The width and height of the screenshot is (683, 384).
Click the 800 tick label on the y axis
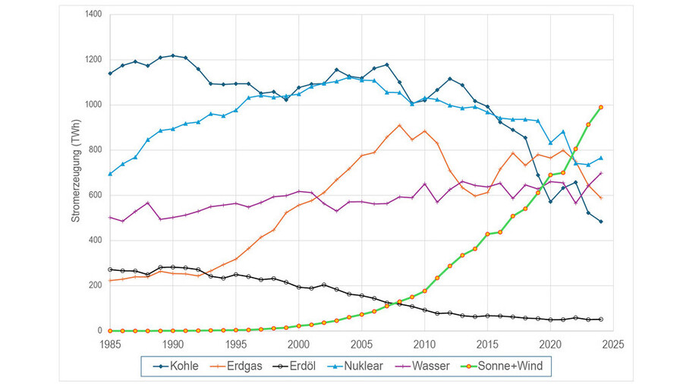pyautogui.click(x=94, y=150)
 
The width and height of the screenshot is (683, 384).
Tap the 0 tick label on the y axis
pyautogui.click(x=100, y=331)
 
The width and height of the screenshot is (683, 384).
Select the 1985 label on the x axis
pyautogui.click(x=110, y=344)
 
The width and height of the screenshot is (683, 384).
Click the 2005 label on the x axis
pyautogui.click(x=361, y=344)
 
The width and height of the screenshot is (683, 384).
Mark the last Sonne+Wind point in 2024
pyautogui.click(x=600, y=107)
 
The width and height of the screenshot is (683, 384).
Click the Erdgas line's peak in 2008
pyautogui.click(x=399, y=125)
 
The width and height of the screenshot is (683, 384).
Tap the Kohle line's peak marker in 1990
pyautogui.click(x=173, y=55)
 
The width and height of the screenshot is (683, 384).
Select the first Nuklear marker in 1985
pyautogui.click(x=110, y=174)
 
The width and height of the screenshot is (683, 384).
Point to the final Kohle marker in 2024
pyautogui.click(x=600, y=222)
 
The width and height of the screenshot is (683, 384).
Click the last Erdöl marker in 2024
pyautogui.click(x=600, y=319)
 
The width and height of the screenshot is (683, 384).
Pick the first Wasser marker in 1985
pyautogui.click(x=110, y=217)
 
